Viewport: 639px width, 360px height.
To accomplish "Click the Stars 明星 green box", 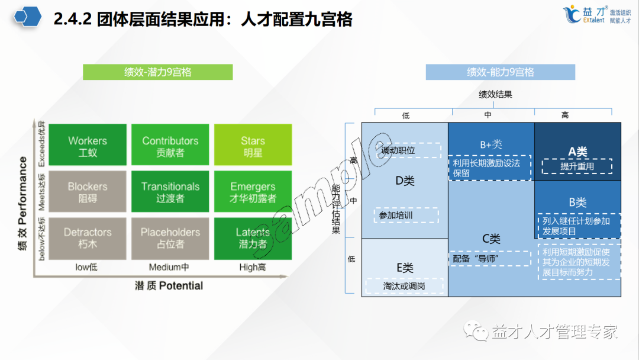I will (x=253, y=146).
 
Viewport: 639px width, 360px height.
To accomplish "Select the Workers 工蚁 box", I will (x=88, y=146).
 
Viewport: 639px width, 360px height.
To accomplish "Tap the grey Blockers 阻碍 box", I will (x=88, y=192).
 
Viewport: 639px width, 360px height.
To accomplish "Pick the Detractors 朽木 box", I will (x=88, y=237).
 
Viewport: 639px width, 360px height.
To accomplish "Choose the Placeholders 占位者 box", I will (x=170, y=237).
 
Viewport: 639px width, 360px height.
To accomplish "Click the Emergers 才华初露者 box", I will (x=253, y=192).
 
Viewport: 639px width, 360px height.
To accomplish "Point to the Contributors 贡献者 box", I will (x=170, y=146).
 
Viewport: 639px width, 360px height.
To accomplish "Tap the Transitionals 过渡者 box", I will (x=170, y=192).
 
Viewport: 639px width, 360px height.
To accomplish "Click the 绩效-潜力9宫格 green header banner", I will (x=157, y=72).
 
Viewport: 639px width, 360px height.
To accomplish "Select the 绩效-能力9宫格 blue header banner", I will (x=500, y=72).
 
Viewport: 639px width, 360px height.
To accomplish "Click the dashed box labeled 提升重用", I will (x=577, y=166).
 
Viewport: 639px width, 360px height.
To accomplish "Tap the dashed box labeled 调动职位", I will (x=408, y=150).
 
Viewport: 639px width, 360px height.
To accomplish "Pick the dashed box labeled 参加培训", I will (x=406, y=215).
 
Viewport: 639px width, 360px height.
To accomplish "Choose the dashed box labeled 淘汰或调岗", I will (x=405, y=287).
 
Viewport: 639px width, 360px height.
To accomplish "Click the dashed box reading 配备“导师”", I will (x=489, y=259).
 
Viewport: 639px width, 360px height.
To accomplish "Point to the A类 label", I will (x=577, y=152).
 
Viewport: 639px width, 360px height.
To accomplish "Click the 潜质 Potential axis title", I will (x=169, y=286).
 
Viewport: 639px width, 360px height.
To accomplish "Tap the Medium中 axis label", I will (x=169, y=267).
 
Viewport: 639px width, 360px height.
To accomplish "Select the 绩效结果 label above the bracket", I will (x=495, y=94).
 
